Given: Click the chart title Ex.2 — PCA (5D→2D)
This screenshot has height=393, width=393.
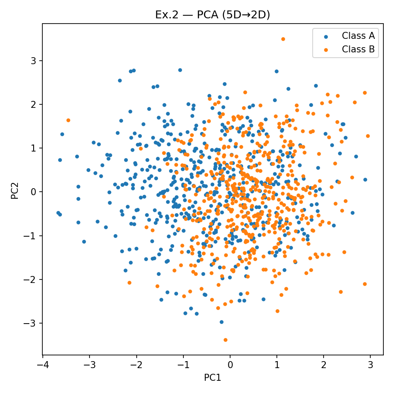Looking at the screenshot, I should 213,15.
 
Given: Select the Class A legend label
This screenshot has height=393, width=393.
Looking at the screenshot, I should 358,36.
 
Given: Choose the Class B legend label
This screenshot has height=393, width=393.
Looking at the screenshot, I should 358,49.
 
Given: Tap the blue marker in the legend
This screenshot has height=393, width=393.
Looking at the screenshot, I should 324,36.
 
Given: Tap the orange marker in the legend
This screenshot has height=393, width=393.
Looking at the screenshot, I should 324,49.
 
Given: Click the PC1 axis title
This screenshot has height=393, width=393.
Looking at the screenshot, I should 213,378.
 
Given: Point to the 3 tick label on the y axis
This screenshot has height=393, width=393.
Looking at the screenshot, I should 33,61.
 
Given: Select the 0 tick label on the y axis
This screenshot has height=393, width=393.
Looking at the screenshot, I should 33,192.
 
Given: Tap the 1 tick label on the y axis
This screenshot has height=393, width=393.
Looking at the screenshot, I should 33,148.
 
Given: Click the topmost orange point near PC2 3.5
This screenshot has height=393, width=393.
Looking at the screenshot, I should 283,39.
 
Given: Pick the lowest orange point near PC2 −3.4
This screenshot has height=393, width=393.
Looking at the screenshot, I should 225,340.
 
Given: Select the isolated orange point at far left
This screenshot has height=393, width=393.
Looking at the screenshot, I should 68,120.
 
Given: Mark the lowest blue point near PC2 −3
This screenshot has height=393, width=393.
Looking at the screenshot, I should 221,322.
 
